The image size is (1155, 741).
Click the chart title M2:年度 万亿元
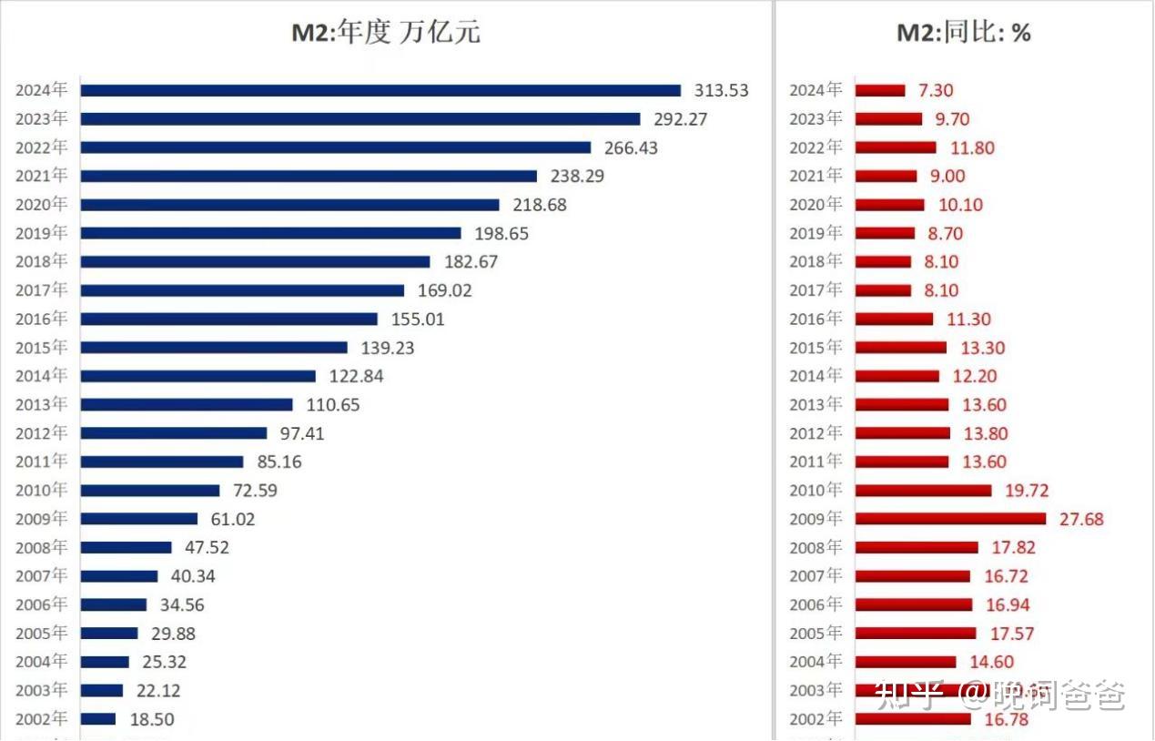coord(385,33)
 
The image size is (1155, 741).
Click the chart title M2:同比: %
coord(964,33)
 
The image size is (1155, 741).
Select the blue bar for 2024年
coord(380,90)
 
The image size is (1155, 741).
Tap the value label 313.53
coord(721,90)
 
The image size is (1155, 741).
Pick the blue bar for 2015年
coord(214,348)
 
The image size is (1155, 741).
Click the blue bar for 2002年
coord(98,719)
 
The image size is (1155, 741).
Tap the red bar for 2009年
coord(951,519)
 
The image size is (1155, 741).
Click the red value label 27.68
coord(1081,519)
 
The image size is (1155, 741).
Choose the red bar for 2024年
coord(881,90)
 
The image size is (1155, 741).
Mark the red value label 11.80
coord(972,147)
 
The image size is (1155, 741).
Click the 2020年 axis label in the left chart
coord(41,205)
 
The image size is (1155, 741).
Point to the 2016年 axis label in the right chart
coord(816,319)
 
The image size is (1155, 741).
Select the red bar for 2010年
coord(924,491)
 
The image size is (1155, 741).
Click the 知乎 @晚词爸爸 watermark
coord(999,695)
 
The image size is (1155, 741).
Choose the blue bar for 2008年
coord(126,547)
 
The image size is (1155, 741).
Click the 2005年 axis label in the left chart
coord(41,633)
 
